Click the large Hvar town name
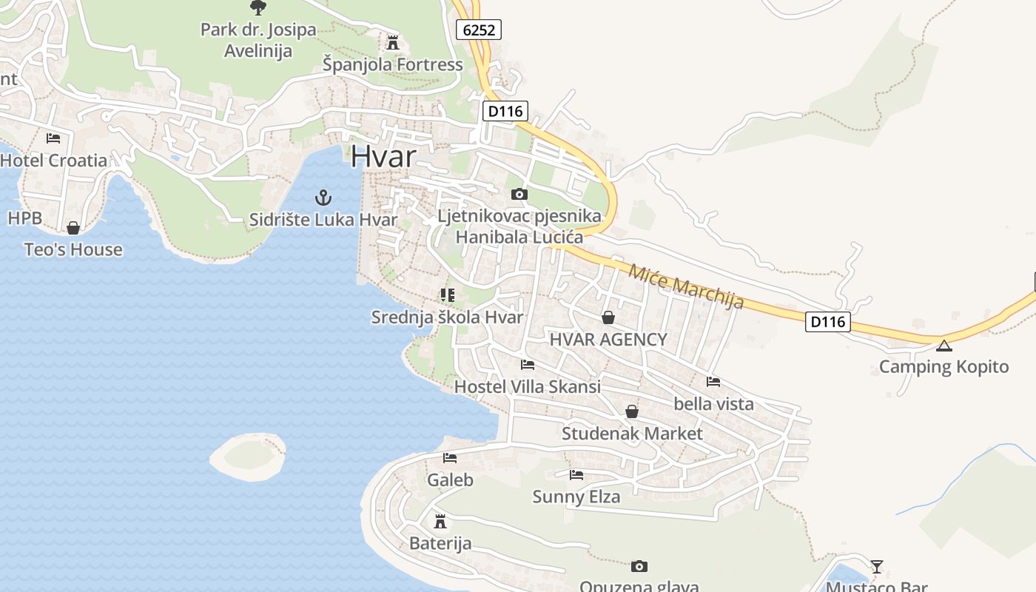(x=383, y=156)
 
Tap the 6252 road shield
(x=479, y=30)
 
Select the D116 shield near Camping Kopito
(x=827, y=322)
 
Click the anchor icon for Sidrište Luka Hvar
(x=323, y=198)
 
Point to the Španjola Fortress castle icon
(x=393, y=42)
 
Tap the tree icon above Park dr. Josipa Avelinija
(x=258, y=7)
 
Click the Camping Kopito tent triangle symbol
(x=944, y=346)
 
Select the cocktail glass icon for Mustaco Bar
(x=877, y=567)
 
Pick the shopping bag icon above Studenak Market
(x=632, y=411)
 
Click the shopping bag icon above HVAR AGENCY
(x=608, y=317)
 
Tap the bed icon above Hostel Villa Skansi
(x=528, y=364)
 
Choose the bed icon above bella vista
(x=713, y=382)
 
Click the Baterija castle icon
(x=440, y=522)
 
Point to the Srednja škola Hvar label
(x=447, y=317)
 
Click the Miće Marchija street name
(x=685, y=286)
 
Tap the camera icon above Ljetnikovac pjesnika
(x=519, y=194)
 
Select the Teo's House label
(x=73, y=249)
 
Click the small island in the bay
(x=247, y=457)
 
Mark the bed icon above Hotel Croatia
(x=53, y=138)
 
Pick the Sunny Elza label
(x=576, y=497)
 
